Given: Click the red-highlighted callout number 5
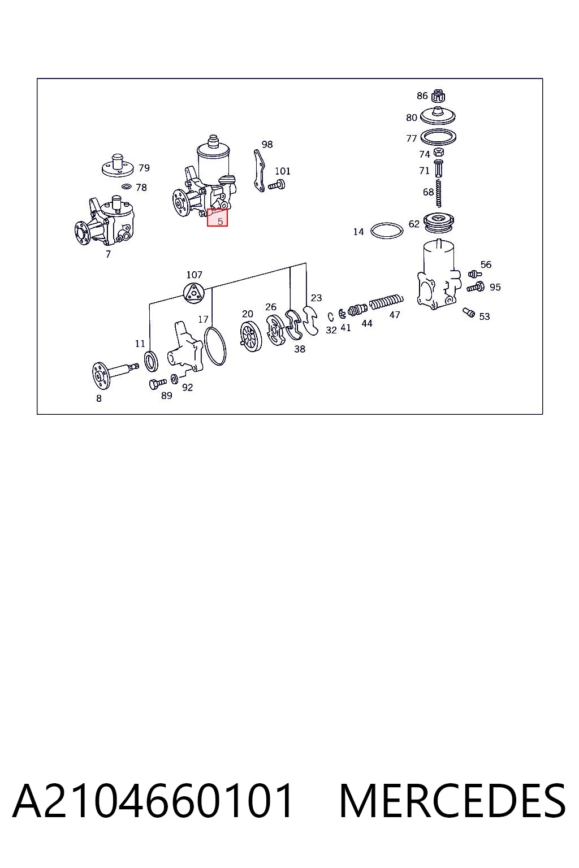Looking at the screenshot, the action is (220, 222).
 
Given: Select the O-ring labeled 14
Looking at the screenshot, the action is (387, 231).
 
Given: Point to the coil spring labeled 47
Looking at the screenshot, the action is (386, 302).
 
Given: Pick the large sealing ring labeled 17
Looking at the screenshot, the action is (215, 346).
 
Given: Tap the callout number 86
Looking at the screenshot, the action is (422, 96).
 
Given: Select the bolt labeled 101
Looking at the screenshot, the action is (277, 185).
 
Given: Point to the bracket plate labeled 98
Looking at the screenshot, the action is (259, 171).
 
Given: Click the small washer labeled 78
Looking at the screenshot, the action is (127, 187).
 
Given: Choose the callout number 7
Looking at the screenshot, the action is (108, 254).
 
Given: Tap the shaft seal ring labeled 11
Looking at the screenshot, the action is (151, 361).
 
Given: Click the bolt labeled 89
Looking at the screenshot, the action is (157, 384).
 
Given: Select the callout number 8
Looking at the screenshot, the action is (99, 398).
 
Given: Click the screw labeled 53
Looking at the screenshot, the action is (469, 313).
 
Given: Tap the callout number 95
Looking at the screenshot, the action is (495, 287).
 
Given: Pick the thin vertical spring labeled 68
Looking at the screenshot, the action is (439, 193).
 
